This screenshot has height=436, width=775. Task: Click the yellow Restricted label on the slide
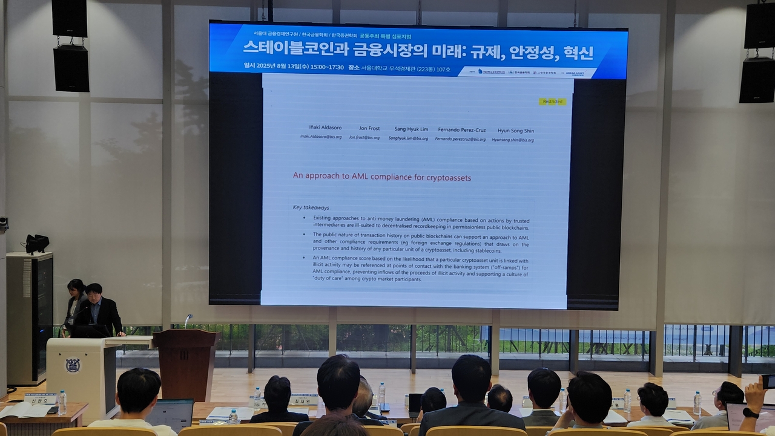coord(552,102)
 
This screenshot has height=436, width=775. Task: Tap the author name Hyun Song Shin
coord(516,131)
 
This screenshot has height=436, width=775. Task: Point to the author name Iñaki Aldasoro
coord(325,128)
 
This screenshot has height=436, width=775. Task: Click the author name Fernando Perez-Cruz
coord(461,130)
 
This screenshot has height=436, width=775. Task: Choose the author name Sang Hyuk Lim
coord(411,129)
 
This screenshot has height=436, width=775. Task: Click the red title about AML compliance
coord(382,177)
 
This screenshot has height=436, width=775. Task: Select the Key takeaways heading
coord(311,207)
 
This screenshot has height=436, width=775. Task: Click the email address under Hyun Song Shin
coord(513,140)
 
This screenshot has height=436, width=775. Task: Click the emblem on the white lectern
coord(73,365)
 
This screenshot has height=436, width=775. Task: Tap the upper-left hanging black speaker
coord(70,18)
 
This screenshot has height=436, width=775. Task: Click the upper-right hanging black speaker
coord(759,25)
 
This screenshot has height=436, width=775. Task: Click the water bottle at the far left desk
coord(62,402)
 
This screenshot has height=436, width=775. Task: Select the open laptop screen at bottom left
coord(169,414)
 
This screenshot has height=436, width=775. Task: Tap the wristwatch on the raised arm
coord(750,413)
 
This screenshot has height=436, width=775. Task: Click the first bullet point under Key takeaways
coord(421,223)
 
